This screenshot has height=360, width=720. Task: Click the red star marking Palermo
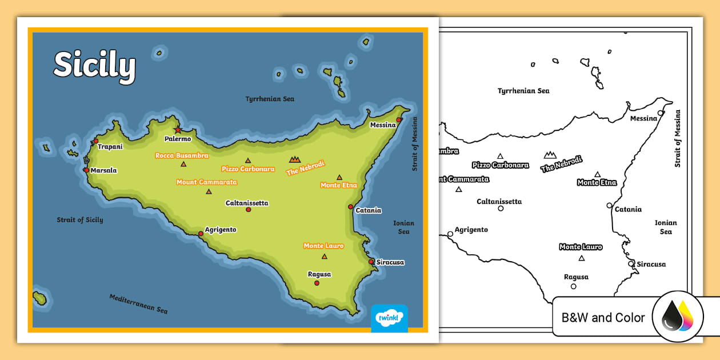(x=178, y=130)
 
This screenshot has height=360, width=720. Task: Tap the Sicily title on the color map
(x=95, y=66)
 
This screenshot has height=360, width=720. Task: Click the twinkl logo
(x=389, y=318)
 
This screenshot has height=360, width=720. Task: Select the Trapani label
(x=110, y=147)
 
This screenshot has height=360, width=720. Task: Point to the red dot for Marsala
(x=86, y=170)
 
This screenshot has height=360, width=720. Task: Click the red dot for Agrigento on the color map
(x=201, y=233)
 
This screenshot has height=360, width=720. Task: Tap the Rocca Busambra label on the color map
(x=182, y=155)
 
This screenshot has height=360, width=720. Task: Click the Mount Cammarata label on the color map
(x=206, y=182)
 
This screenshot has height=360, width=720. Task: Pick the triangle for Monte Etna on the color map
(x=339, y=177)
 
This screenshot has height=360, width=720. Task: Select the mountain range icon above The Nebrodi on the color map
(x=294, y=159)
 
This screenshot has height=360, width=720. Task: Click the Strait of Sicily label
(x=80, y=220)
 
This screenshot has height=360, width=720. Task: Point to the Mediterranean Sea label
(x=138, y=303)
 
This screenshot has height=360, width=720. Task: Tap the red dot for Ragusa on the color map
(x=317, y=283)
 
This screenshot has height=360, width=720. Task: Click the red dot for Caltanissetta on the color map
(x=248, y=210)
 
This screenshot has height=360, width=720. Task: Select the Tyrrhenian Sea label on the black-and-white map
(x=523, y=91)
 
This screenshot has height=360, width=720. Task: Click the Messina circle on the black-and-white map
(x=661, y=113)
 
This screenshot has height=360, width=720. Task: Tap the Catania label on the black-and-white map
(x=628, y=210)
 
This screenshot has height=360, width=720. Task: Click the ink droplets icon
(x=678, y=317)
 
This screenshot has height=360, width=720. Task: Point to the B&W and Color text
(x=603, y=318)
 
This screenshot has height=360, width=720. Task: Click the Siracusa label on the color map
(x=390, y=262)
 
